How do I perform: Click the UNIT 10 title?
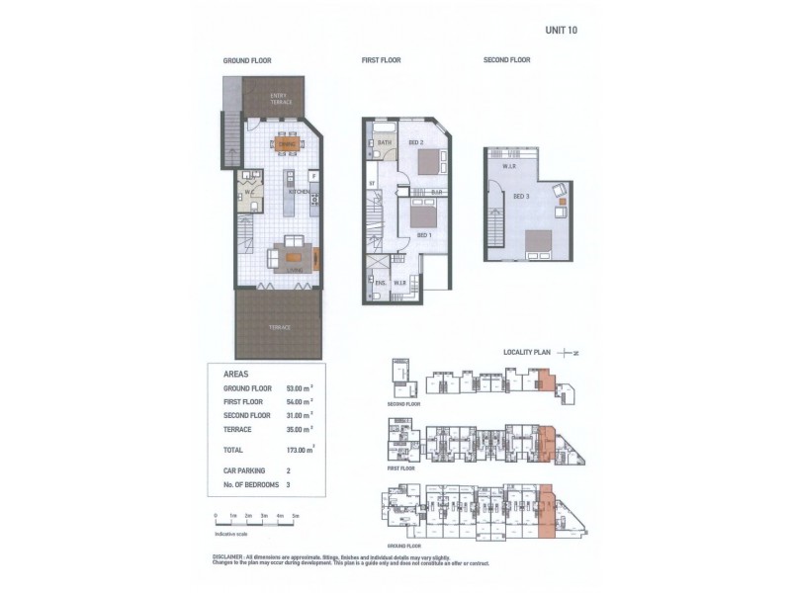pyautogui.click(x=561, y=30)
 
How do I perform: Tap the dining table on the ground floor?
pyautogui.click(x=287, y=143)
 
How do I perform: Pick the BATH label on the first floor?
pyautogui.click(x=383, y=144)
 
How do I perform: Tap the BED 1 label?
pyautogui.click(x=422, y=234)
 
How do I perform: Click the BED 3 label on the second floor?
pyautogui.click(x=521, y=197)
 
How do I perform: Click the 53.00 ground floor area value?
pyautogui.click(x=300, y=389)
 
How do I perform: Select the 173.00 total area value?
pyautogui.click(x=301, y=450)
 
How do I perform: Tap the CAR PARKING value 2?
pyautogui.click(x=289, y=471)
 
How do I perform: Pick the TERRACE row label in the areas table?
pyautogui.click(x=239, y=428)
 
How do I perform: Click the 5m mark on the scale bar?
pyautogui.click(x=296, y=516)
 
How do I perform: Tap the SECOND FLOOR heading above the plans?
pyautogui.click(x=506, y=60)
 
